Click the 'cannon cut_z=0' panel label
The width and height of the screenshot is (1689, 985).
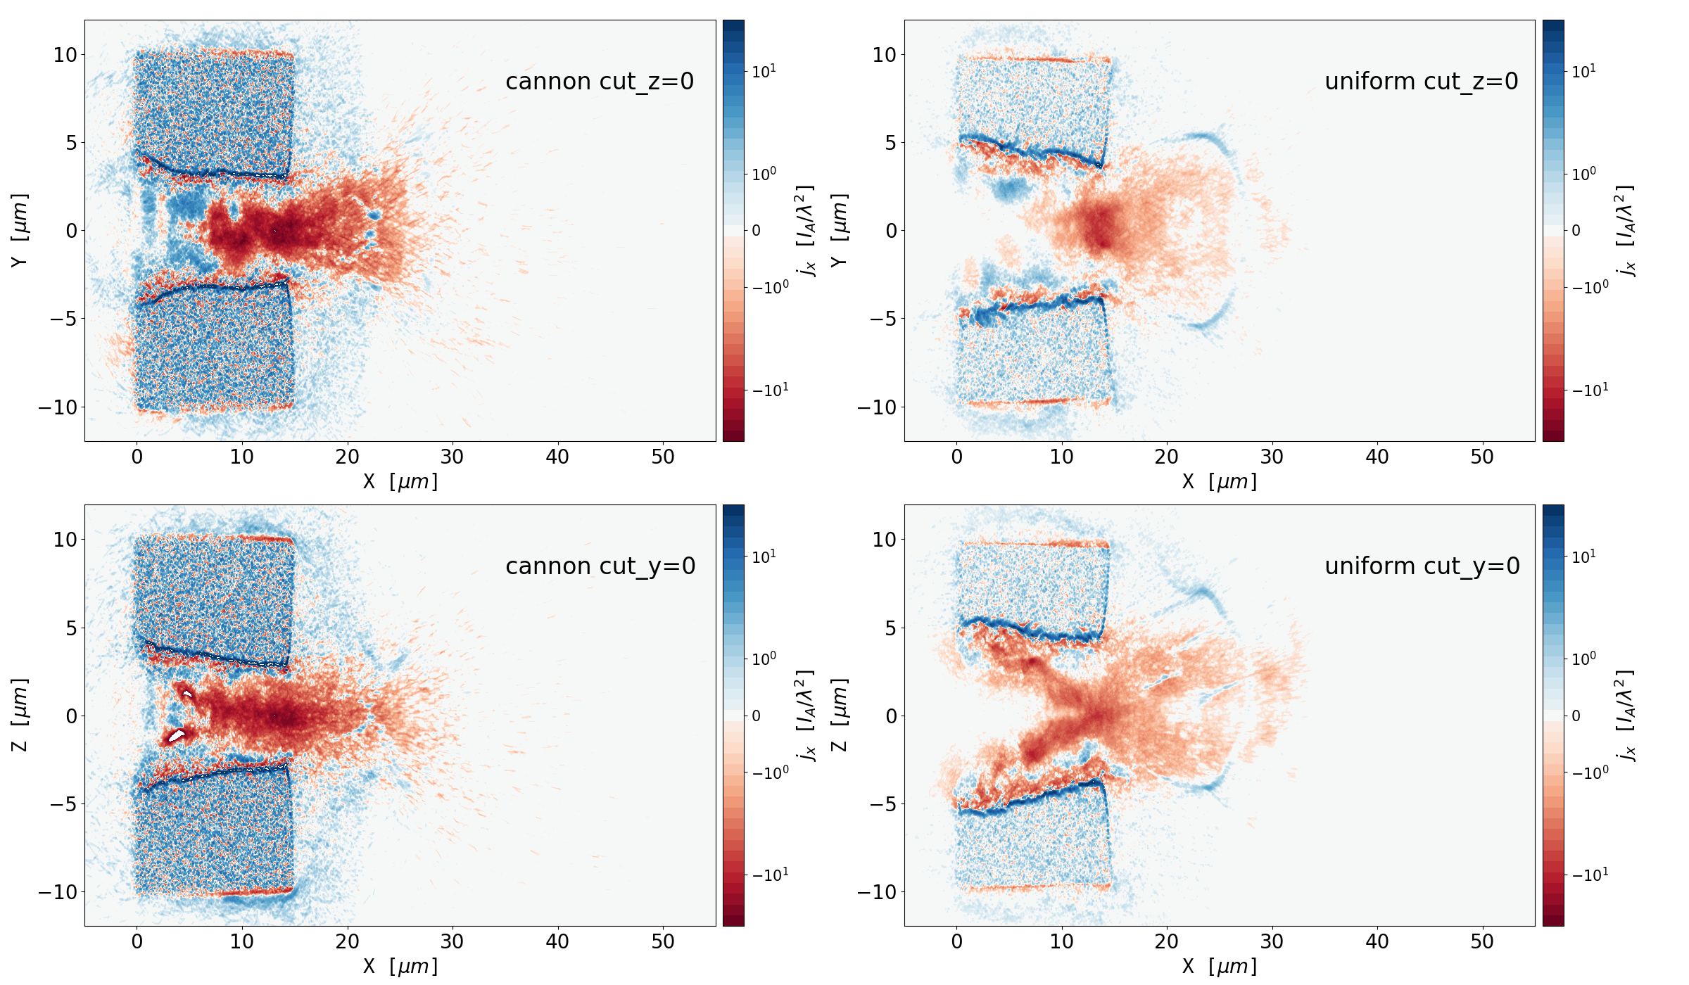point(600,82)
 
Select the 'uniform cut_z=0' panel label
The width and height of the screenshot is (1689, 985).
point(1421,82)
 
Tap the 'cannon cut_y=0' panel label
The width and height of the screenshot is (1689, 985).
point(600,566)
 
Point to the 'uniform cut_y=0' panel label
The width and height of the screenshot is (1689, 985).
point(1422,566)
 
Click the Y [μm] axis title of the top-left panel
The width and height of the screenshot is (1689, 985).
point(20,230)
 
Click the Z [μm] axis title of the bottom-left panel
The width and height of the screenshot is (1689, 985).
point(20,715)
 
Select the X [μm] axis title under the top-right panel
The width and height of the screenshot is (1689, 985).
point(1220,482)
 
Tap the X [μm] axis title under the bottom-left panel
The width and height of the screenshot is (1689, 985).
point(400,967)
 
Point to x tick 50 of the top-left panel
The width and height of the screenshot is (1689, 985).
point(663,457)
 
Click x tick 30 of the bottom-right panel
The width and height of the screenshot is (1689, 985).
point(1272,942)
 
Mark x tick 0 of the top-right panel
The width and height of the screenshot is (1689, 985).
point(956,457)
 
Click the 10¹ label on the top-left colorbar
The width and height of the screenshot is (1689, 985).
point(764,72)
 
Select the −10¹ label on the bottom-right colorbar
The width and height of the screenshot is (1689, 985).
point(1589,875)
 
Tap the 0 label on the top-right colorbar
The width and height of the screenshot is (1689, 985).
point(1576,231)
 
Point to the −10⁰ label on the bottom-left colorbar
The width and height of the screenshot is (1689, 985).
point(770,773)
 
